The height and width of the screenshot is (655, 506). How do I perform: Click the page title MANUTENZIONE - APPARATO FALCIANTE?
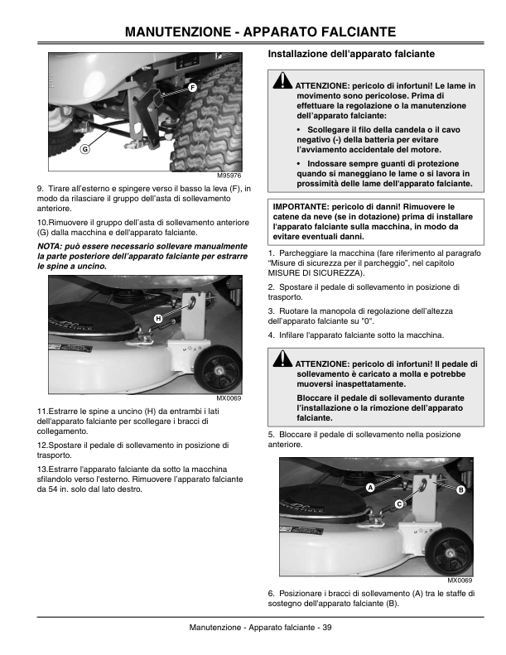(x=253, y=31)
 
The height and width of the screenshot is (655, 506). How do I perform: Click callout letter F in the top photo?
(x=192, y=87)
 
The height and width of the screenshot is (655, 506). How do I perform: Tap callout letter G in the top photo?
(x=84, y=150)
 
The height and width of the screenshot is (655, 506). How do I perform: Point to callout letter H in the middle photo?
(x=158, y=319)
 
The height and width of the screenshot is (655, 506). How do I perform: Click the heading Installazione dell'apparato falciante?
(x=352, y=54)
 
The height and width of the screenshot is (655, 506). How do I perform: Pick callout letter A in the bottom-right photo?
(x=370, y=488)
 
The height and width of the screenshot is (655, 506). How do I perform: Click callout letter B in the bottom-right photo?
(x=461, y=491)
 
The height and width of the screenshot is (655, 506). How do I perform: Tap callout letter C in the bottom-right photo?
(x=398, y=503)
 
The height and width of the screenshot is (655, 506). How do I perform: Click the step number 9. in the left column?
(x=41, y=190)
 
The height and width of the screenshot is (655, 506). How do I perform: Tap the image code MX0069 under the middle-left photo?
(x=229, y=398)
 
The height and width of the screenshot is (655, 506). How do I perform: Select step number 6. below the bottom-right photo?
(x=272, y=593)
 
